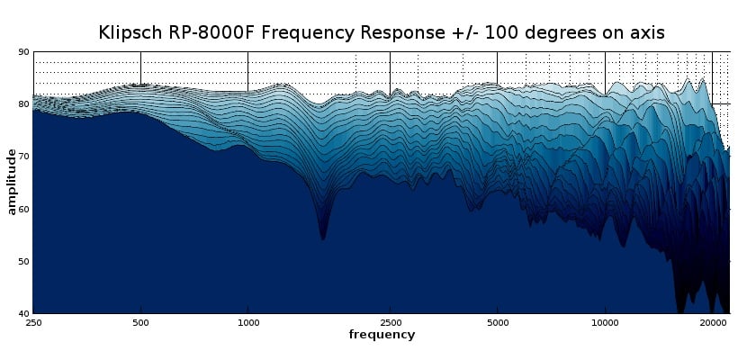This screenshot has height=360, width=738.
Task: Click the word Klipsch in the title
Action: coord(130,33)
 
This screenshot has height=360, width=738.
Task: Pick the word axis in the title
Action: coord(647,33)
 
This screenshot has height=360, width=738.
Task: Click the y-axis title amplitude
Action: coord(12,183)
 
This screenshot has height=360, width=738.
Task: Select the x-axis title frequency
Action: coord(382,335)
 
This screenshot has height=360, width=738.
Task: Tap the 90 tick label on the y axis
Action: coord(24,52)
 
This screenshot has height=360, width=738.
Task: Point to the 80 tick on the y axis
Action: coord(24,104)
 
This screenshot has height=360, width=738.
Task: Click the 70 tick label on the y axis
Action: coord(24,157)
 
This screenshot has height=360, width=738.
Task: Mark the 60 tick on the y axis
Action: coord(24,209)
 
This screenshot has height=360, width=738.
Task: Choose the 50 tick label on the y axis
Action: coord(24,261)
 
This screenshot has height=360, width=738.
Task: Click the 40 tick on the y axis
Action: coord(24,313)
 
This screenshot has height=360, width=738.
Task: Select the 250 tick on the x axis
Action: coord(33,322)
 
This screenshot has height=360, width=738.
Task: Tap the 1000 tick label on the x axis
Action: coord(247,322)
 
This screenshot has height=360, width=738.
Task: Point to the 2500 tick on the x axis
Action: coord(390,322)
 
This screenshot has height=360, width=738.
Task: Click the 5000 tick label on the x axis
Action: coord(497,322)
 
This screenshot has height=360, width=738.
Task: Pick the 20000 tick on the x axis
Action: coord(713,322)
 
